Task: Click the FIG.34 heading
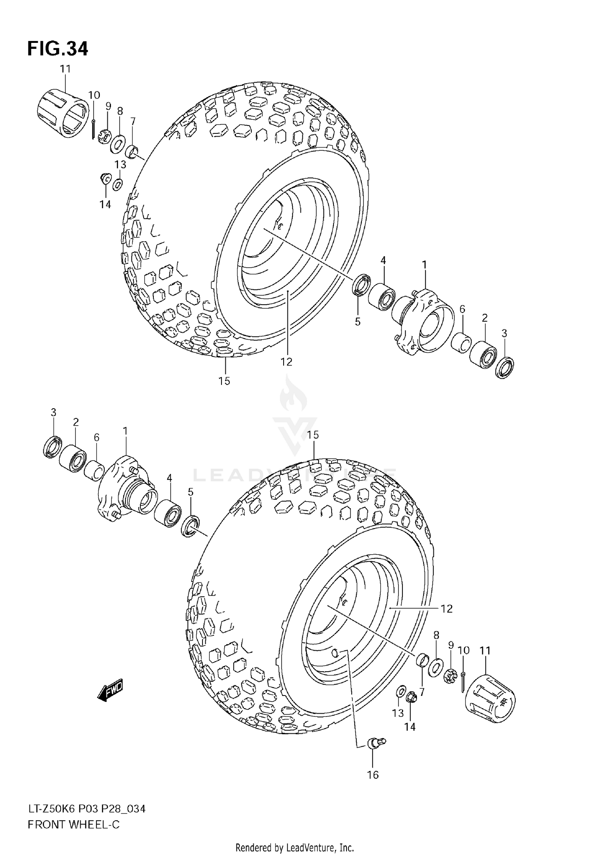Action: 57,49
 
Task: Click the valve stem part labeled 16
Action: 376,742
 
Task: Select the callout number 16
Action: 372,775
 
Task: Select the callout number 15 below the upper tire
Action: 224,381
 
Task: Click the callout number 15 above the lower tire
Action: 313,435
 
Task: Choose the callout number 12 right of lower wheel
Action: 446,609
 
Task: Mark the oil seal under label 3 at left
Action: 52,447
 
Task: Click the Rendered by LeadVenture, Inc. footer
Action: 295,848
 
